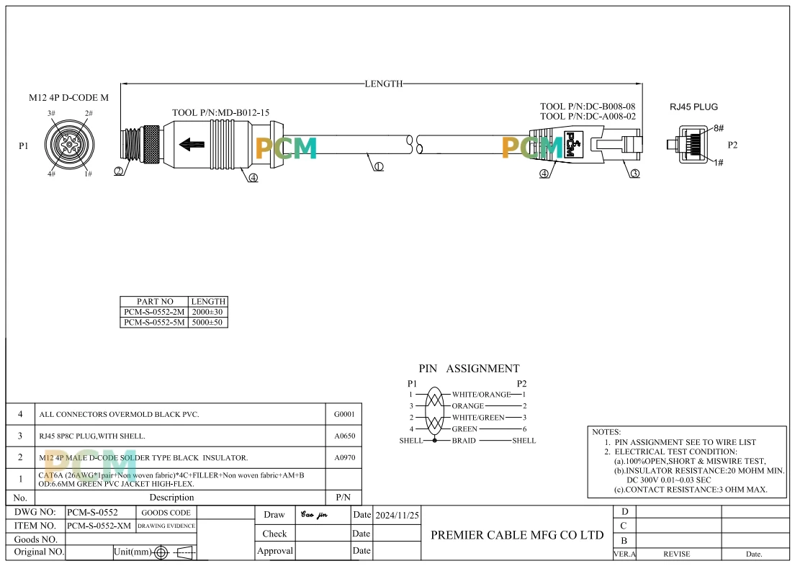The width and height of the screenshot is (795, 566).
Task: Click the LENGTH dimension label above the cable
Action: [384, 84]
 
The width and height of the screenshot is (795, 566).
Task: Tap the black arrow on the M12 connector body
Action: [192, 145]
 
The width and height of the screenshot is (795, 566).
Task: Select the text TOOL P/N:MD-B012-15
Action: [220, 112]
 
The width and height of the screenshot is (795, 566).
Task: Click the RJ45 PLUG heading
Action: [693, 107]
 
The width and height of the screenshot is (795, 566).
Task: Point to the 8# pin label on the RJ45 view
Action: [719, 128]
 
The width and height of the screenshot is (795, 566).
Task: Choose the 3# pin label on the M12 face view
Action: [51, 114]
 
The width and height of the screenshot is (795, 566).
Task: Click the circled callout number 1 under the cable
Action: [378, 166]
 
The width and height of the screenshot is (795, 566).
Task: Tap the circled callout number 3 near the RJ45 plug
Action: [635, 174]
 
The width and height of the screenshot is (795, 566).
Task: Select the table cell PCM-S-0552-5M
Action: [154, 323]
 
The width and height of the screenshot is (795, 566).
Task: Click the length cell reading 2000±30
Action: [207, 312]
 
